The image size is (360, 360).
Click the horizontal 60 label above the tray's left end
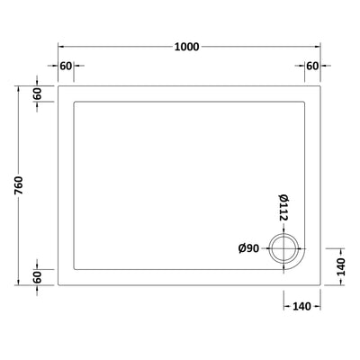[66, 67]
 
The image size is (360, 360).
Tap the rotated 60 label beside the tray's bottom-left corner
[39, 276]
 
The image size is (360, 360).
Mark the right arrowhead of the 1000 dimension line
[319, 46]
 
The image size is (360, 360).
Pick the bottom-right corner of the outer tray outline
[323, 285]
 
